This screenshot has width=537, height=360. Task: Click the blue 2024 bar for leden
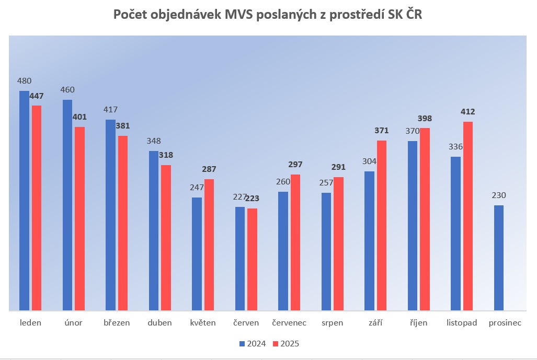click(24, 201)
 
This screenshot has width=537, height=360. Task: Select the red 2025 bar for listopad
click(467, 216)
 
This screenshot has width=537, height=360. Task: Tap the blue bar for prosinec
click(499, 258)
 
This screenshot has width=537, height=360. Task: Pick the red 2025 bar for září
click(381, 226)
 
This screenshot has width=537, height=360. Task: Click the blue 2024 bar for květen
click(197, 254)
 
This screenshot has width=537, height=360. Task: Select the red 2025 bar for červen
click(252, 260)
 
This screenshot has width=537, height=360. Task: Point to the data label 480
click(24, 81)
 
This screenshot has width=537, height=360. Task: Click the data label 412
click(467, 112)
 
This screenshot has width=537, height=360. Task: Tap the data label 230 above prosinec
click(499, 195)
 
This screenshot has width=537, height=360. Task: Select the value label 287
click(209, 169)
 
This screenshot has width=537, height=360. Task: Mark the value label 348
click(154, 141)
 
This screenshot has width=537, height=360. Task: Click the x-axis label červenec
click(289, 323)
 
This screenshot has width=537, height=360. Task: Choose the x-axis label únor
click(73, 323)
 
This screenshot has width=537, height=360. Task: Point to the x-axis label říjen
click(418, 323)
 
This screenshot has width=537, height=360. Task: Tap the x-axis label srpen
click(333, 323)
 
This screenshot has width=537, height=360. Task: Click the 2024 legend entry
click(253, 344)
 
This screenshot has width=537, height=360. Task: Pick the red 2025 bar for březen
click(122, 224)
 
